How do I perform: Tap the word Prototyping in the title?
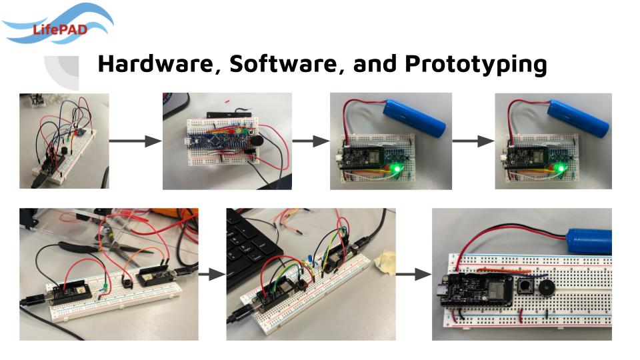click(x=475, y=65)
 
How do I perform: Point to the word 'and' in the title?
click(x=375, y=65)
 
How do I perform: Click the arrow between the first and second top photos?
click(x=135, y=141)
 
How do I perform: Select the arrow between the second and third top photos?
click(x=311, y=141)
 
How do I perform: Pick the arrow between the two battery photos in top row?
click(x=473, y=141)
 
